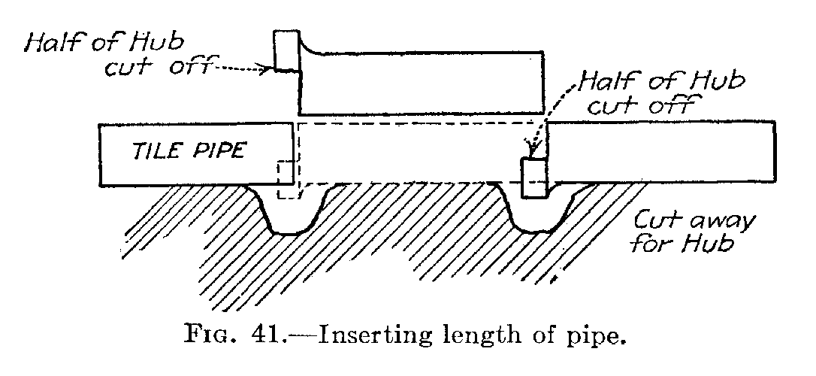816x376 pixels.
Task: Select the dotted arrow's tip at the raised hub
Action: tap(270, 68)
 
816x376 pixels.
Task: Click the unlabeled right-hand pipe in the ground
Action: tap(662, 152)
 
